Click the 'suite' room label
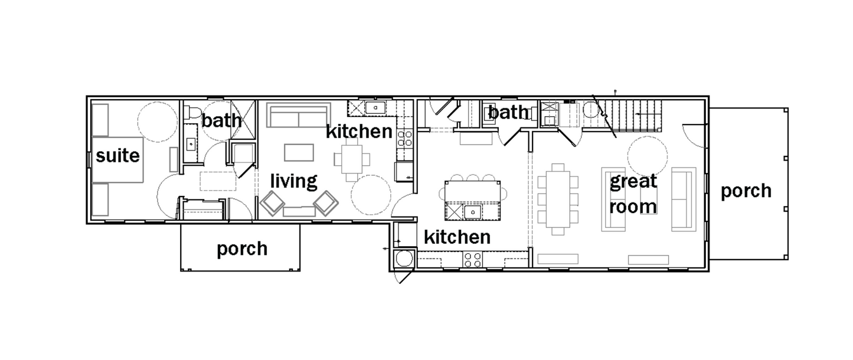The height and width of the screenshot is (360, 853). tap(117, 156)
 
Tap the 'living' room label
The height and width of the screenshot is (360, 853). tap(293, 181)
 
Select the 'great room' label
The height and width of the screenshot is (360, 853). tap(633, 194)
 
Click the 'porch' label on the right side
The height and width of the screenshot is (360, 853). tap(746, 191)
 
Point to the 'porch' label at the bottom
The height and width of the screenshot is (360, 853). tap(242, 249)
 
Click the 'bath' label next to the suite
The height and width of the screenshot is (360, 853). tap(221, 120)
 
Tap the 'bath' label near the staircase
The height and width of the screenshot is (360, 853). tap(508, 112)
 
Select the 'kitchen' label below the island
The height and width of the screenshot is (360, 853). tap(457, 237)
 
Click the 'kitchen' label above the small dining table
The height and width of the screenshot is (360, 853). tap(359, 131)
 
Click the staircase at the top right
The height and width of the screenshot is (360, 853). tap(628, 116)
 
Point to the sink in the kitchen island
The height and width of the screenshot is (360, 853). tap(473, 212)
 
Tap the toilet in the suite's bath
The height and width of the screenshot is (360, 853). tap(192, 112)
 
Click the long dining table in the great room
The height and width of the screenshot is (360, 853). tap(558, 199)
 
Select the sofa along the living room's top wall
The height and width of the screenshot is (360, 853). tap(298, 115)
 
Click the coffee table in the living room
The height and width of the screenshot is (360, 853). tap(299, 153)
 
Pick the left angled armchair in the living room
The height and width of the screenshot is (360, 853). tap(272, 203)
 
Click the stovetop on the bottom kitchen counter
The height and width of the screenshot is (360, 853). tap(473, 260)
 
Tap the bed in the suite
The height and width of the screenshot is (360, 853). tap(117, 160)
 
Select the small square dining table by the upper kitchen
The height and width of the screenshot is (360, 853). tap(352, 159)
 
